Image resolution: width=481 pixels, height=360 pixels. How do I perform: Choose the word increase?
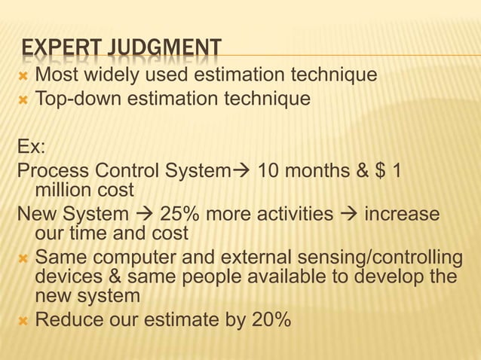[x=402, y=215]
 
